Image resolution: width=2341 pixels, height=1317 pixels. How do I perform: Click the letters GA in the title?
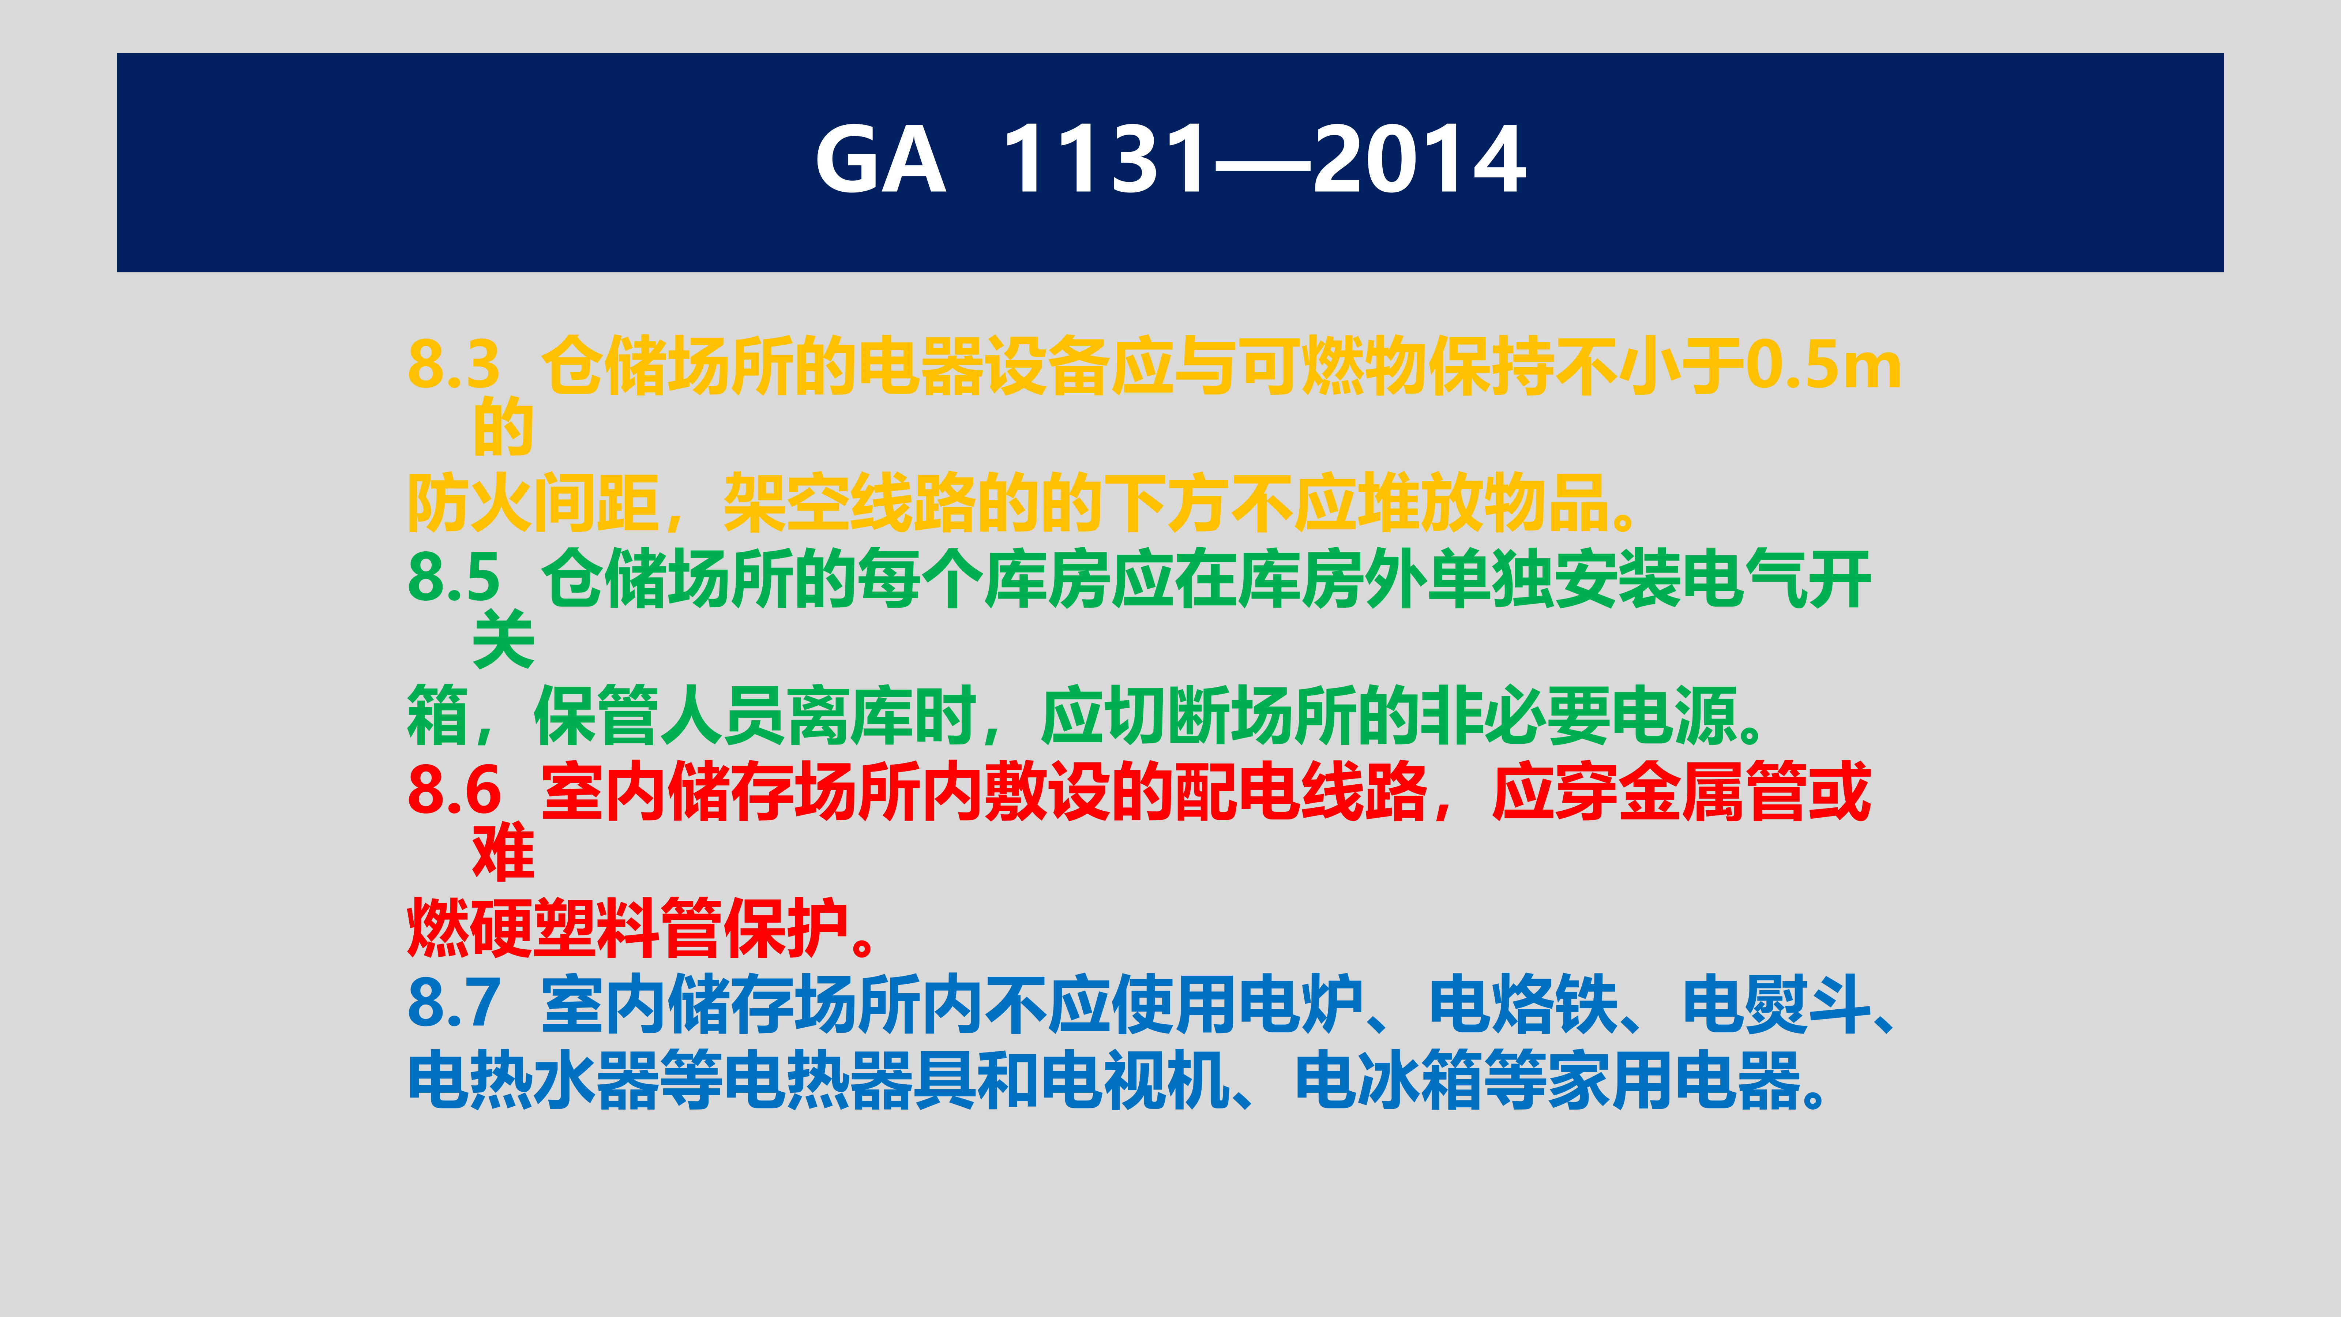[x=880, y=160]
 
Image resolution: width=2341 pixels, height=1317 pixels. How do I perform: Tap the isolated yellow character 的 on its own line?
[x=503, y=426]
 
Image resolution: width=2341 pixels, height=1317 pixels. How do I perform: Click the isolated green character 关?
[x=503, y=639]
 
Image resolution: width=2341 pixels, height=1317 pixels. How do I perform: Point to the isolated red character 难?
[x=503, y=852]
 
